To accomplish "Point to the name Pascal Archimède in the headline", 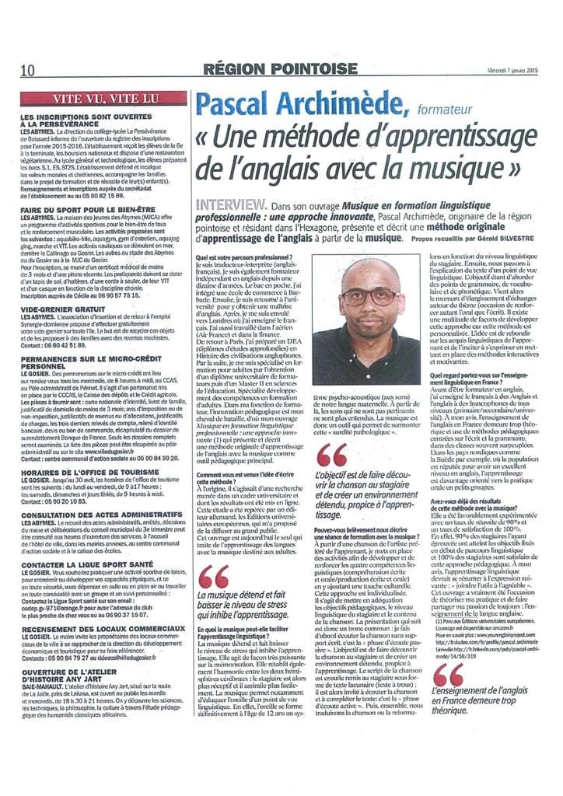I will point(285,105).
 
